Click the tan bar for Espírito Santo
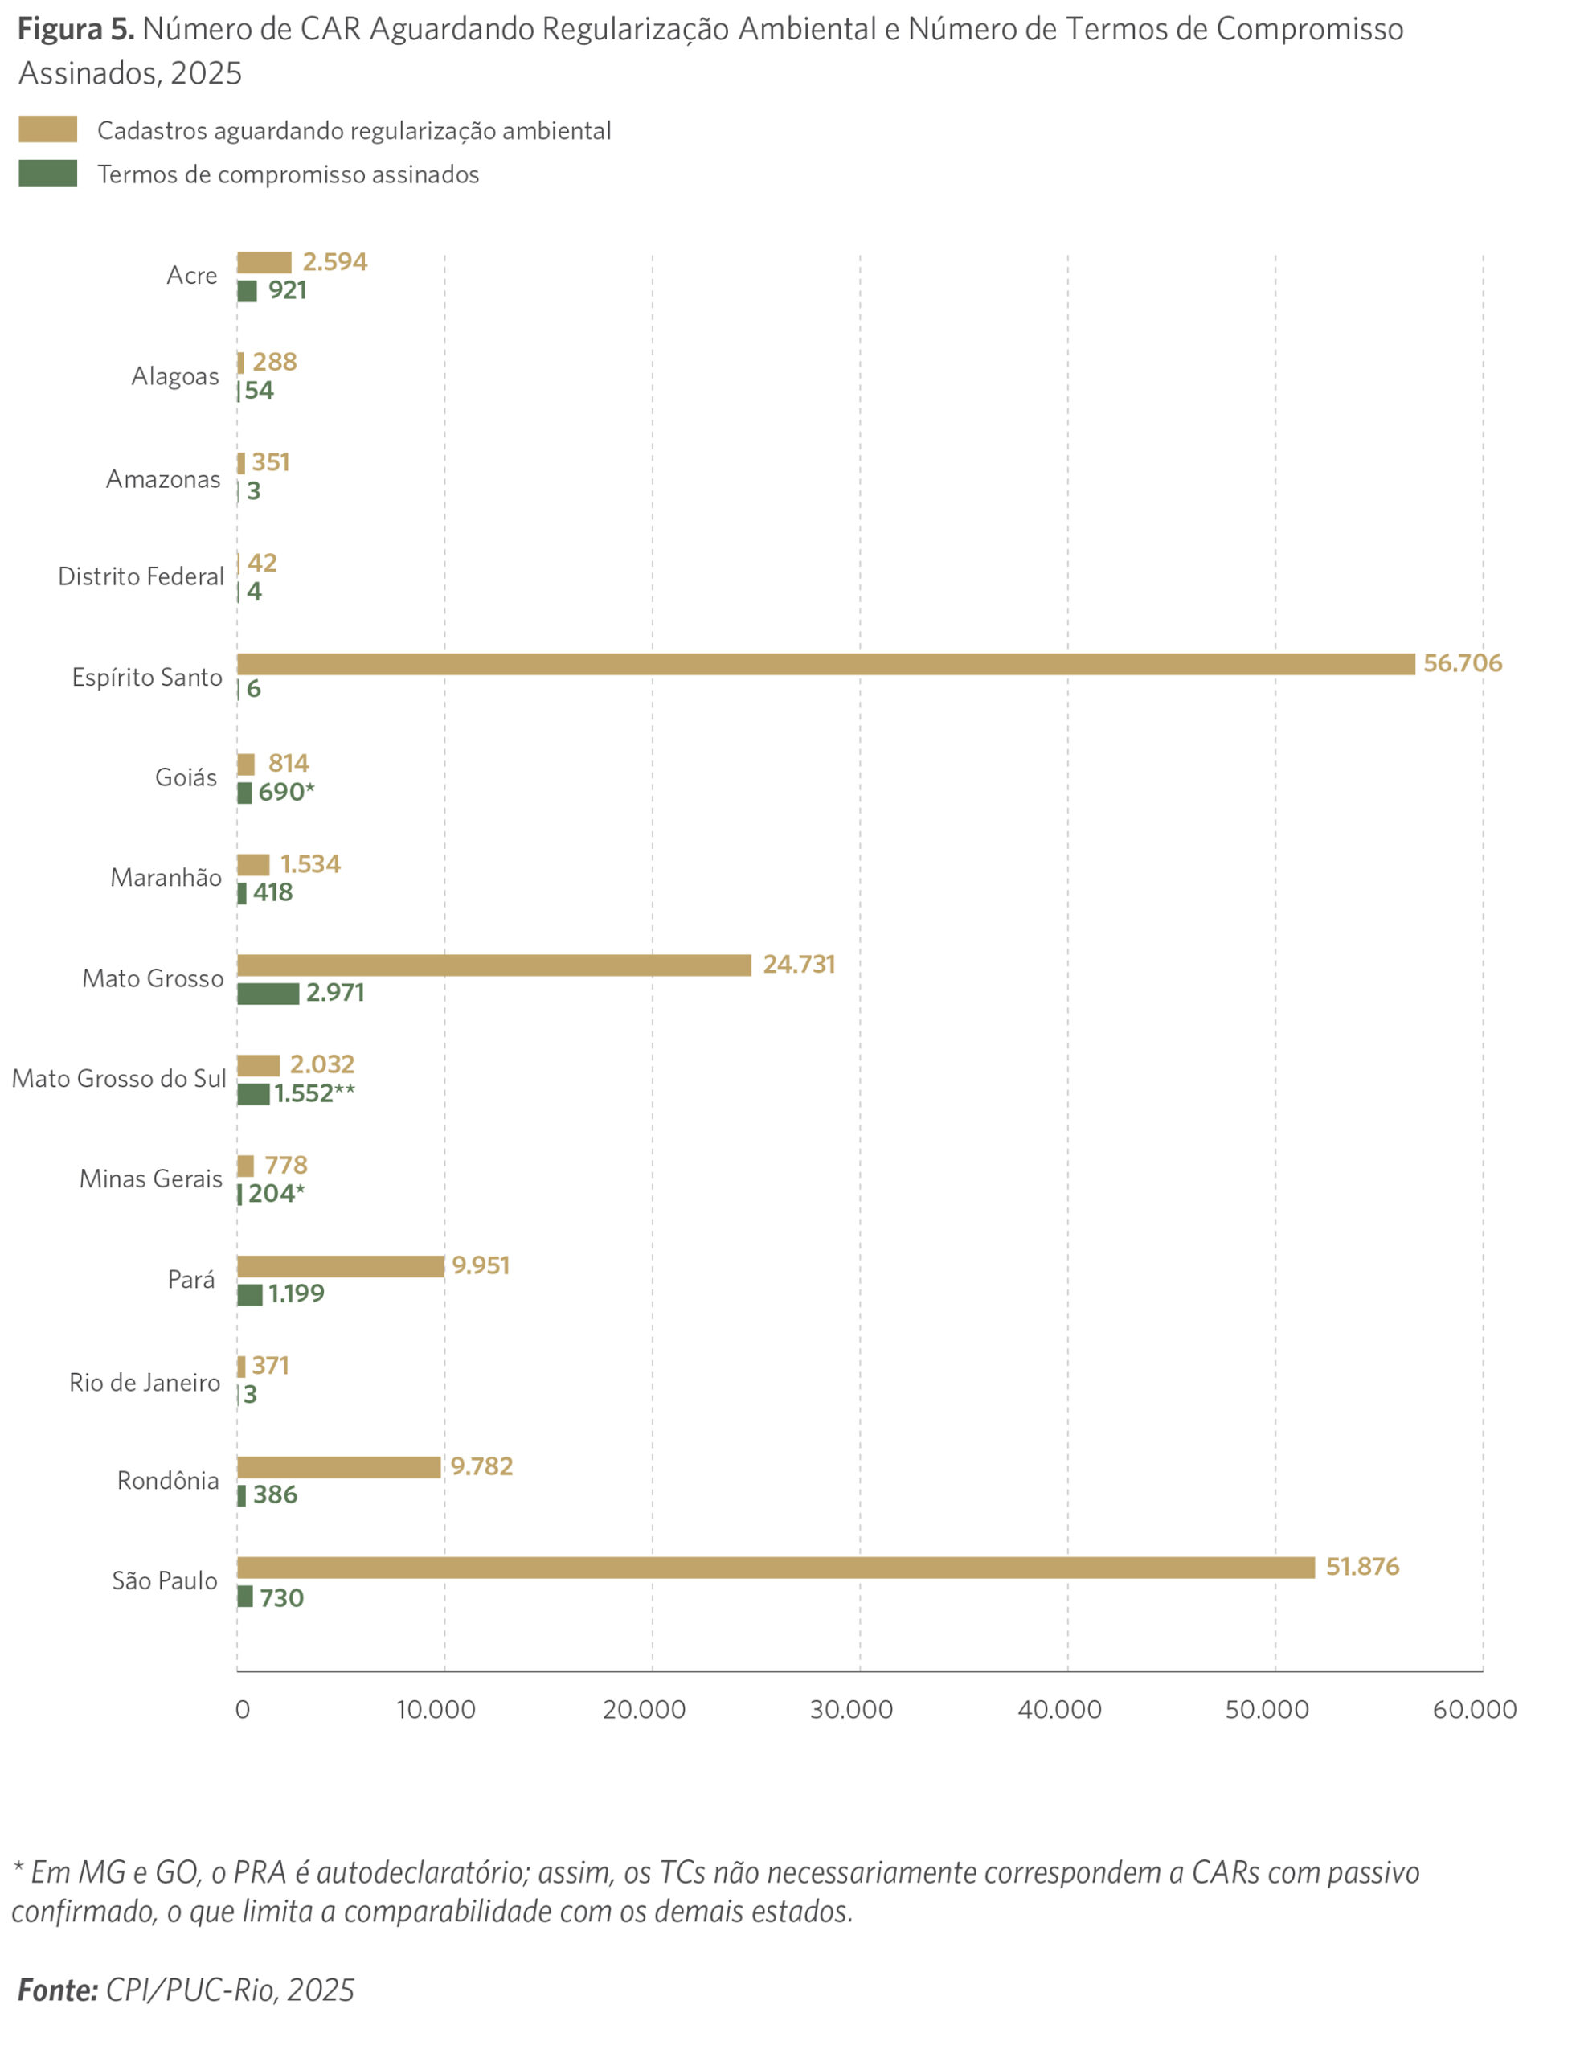tap(825, 663)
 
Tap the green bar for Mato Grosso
tap(268, 993)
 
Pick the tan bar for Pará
tap(341, 1266)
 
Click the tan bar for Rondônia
tap(338, 1467)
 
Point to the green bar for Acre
tap(247, 291)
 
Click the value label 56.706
tap(1462, 663)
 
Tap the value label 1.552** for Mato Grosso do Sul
tap(314, 1093)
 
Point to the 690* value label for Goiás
tap(286, 792)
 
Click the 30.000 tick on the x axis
tap(851, 1710)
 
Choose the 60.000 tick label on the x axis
tap(1474, 1710)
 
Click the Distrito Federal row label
tap(141, 576)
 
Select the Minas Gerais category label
tap(151, 1179)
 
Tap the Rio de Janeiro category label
tap(145, 1383)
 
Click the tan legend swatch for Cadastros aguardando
tap(48, 129)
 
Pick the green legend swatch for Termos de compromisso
tap(48, 174)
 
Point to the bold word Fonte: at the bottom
tap(58, 1990)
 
